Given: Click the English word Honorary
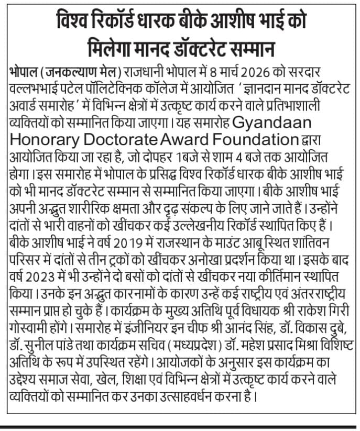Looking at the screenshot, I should [41, 141].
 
